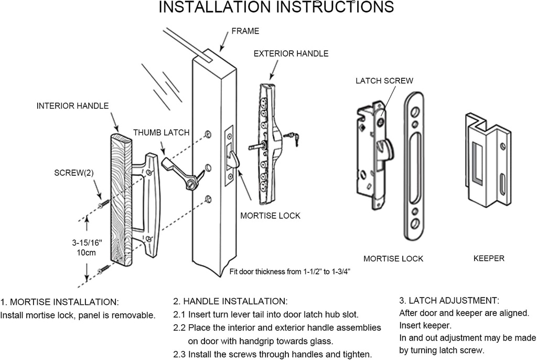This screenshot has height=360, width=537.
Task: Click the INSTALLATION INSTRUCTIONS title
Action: pyautogui.click(x=276, y=7)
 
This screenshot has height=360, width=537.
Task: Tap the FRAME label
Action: pyautogui.click(x=245, y=31)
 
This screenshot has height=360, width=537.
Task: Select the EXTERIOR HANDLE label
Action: pyautogui.click(x=291, y=54)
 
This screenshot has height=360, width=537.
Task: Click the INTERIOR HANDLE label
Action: pyautogui.click(x=72, y=105)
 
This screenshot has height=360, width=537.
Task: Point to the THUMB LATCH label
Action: pyautogui.click(x=161, y=132)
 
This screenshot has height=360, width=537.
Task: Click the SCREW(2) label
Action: pyautogui.click(x=75, y=172)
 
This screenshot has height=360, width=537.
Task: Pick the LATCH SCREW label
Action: pyautogui.click(x=384, y=81)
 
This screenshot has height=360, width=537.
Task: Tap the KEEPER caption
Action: pyautogui.click(x=489, y=258)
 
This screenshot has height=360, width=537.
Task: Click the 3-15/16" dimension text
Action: pyautogui.click(x=87, y=243)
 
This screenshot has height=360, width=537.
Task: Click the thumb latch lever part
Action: pyautogui.click(x=178, y=171)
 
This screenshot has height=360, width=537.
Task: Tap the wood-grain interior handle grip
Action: pyautogui.click(x=122, y=199)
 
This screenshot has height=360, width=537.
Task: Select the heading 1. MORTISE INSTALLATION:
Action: pyautogui.click(x=59, y=302)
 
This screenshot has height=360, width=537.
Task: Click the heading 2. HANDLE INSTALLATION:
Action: pyautogui.click(x=230, y=301)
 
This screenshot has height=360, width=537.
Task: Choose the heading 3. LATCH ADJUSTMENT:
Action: pyautogui.click(x=449, y=301)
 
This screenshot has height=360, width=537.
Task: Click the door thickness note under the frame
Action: pyautogui.click(x=289, y=271)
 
